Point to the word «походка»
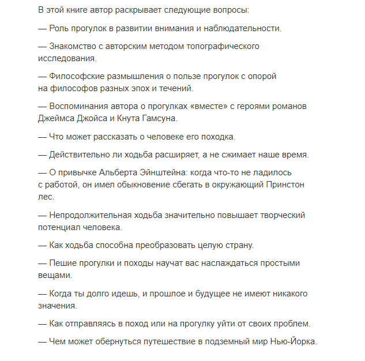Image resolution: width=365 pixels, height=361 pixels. (x=216, y=136)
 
